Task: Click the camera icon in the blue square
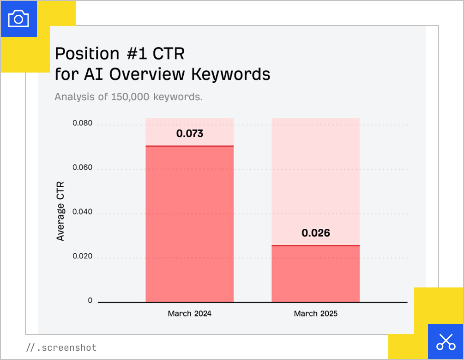click(18, 19)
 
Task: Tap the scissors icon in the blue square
click(446, 342)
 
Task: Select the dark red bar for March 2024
click(189, 224)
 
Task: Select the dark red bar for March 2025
click(315, 274)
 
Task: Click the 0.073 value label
click(190, 134)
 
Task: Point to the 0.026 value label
click(316, 233)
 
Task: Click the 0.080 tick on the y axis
click(82, 123)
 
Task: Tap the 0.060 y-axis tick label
click(82, 167)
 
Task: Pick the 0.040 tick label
click(82, 212)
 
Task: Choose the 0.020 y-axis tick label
click(82, 256)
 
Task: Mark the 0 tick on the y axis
click(90, 300)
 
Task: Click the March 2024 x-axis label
click(189, 313)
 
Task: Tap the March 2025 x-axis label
click(315, 313)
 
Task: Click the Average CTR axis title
click(60, 211)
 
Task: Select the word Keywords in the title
click(230, 74)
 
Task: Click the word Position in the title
click(87, 54)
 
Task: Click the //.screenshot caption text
click(61, 348)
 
